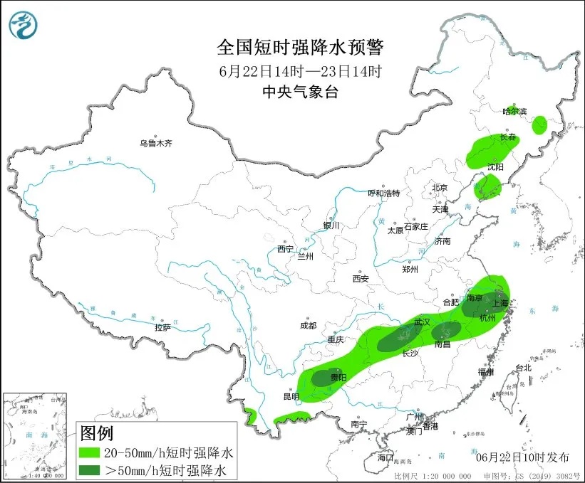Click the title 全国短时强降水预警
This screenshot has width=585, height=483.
(300, 48)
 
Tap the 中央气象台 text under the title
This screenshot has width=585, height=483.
(300, 91)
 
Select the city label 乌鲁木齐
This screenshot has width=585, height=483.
(156, 144)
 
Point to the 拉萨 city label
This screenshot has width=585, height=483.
(162, 327)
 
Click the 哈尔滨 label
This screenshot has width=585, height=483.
(514, 112)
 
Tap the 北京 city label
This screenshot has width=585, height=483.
(439, 188)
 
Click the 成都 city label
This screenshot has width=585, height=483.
(308, 326)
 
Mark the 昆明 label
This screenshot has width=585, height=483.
(291, 396)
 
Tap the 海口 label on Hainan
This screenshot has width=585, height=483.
(385, 456)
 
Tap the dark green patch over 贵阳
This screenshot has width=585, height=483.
(325, 378)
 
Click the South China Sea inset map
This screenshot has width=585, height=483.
(36, 435)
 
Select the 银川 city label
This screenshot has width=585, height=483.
(332, 225)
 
